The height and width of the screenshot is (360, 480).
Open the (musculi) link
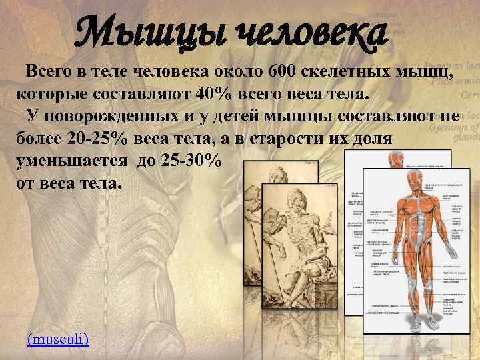tap(57, 339)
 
